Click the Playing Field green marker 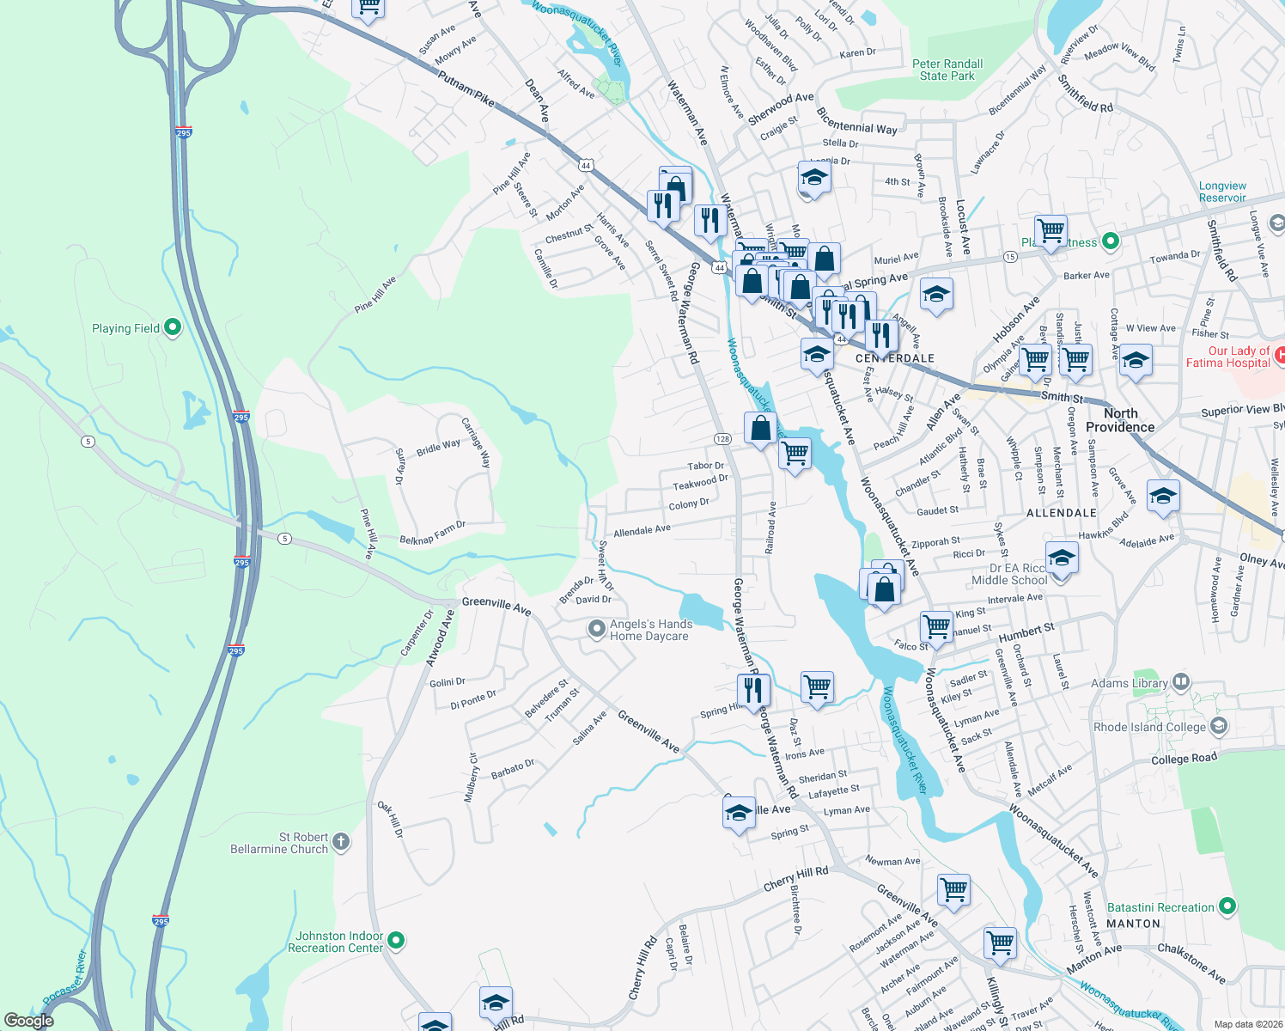coord(173,327)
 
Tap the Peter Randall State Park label coord(947,70)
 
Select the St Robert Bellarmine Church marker coord(341,842)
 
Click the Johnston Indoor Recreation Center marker coord(396,942)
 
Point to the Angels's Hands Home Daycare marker coord(597,630)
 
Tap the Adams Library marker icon coord(1181,682)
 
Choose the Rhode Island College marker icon coord(1218,727)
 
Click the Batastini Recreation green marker coord(1227,906)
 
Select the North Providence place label coord(1120,420)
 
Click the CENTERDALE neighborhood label coord(894,358)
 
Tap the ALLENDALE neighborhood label coord(1062,513)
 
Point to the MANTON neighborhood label coord(1133,924)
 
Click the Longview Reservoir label coord(1222,192)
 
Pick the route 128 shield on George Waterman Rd coord(722,439)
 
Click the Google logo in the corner coord(28,1020)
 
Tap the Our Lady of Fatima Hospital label coord(1227,357)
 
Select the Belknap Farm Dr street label coord(432,533)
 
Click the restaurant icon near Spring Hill coord(752,689)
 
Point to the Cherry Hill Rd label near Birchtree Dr coord(796,878)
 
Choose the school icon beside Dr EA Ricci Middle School coord(1062,558)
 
